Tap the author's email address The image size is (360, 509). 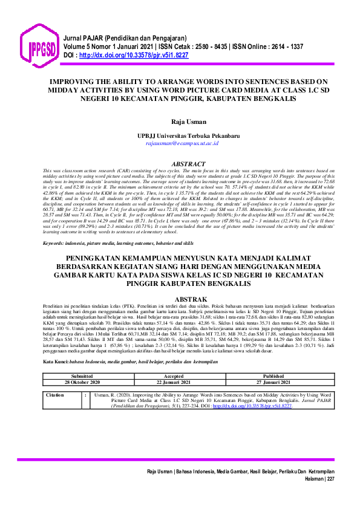click(x=180, y=144)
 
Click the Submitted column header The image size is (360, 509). click(x=82, y=375)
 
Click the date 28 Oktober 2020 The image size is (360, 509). click(x=82, y=381)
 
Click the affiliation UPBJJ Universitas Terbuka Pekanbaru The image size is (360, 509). click(x=180, y=137)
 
